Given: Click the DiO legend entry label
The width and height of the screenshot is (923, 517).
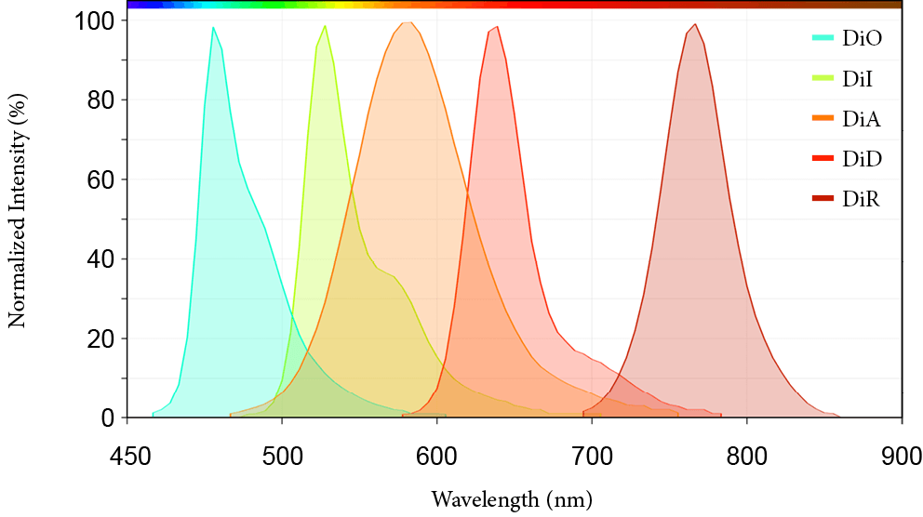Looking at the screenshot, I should tap(863, 39).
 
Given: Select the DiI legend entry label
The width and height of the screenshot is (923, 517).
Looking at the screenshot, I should tap(858, 79).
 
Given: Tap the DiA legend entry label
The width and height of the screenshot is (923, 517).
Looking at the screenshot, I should tap(862, 119).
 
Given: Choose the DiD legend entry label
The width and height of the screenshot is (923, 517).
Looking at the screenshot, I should tap(862, 159).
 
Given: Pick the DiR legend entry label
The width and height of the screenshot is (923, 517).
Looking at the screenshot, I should tap(862, 199).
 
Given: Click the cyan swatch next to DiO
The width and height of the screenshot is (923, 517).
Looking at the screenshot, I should tap(823, 39).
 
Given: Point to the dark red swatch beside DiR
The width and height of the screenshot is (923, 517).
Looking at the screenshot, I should tap(823, 199).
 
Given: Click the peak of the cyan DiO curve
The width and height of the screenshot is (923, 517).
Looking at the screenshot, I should tap(213, 28).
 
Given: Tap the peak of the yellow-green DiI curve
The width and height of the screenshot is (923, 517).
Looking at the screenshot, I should tap(325, 26).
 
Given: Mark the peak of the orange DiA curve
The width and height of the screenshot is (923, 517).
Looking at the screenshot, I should tap(407, 22).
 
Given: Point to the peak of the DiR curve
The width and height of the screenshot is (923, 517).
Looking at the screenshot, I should tap(694, 25).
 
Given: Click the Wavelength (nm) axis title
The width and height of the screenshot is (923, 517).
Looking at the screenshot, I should tap(512, 499).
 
